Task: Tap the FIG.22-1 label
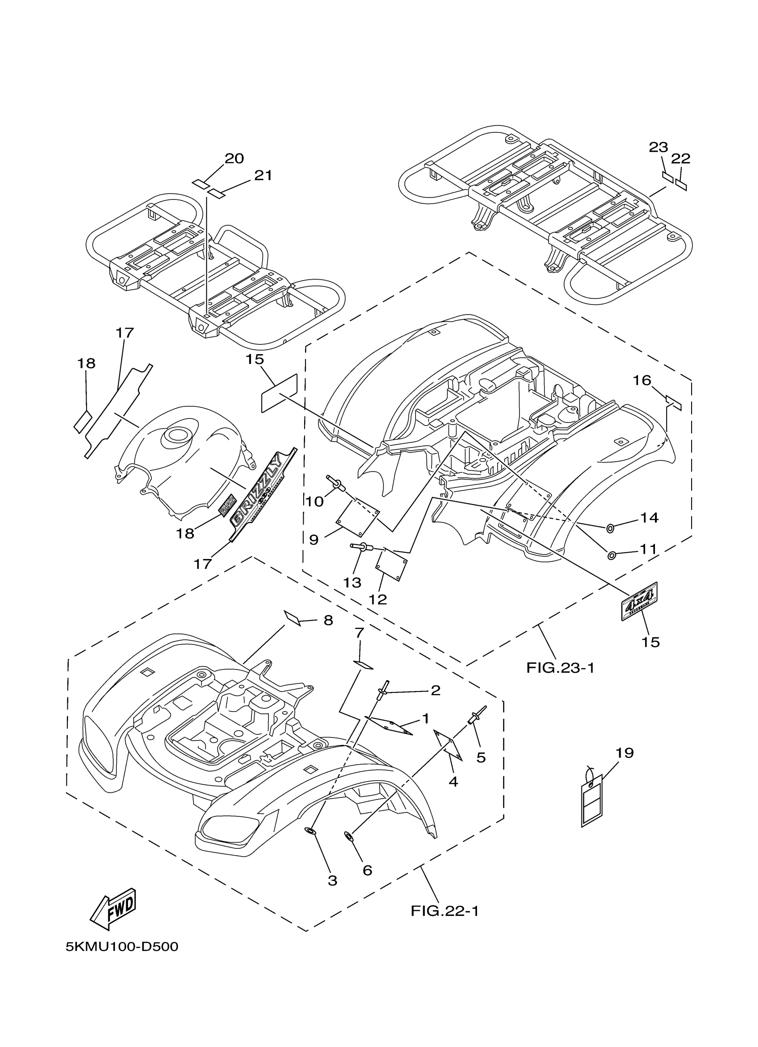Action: tap(445, 911)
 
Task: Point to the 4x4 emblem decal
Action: tap(640, 600)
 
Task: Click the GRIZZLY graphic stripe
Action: tap(264, 494)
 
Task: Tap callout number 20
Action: tap(234, 158)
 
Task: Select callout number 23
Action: tap(659, 147)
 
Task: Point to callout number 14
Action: tap(649, 518)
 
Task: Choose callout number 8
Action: tap(328, 621)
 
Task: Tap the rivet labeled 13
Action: tap(362, 547)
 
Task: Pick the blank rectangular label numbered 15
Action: tap(279, 393)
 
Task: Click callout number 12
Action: tap(377, 599)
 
